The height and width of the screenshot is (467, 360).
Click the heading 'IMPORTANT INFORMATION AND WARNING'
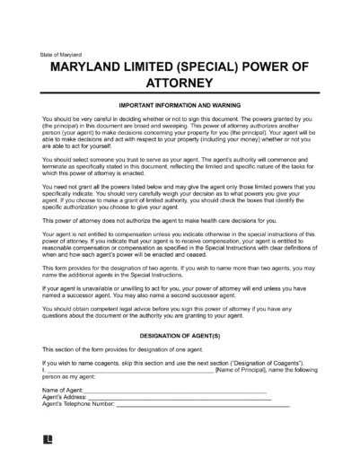180,104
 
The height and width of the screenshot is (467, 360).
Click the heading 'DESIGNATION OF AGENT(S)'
180,332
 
